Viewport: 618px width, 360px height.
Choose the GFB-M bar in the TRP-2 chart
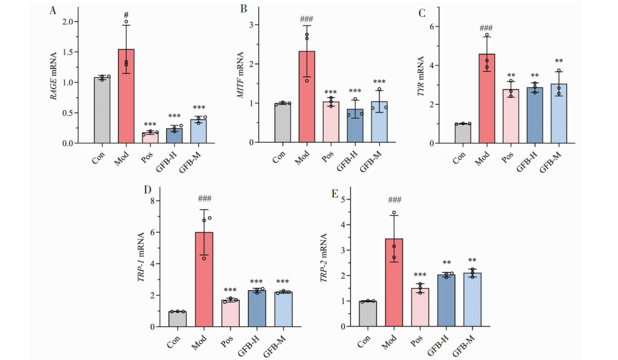473,300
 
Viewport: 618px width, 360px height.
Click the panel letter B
244,9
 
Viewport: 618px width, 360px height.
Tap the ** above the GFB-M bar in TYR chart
559,62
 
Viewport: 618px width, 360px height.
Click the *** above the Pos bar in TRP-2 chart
420,275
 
